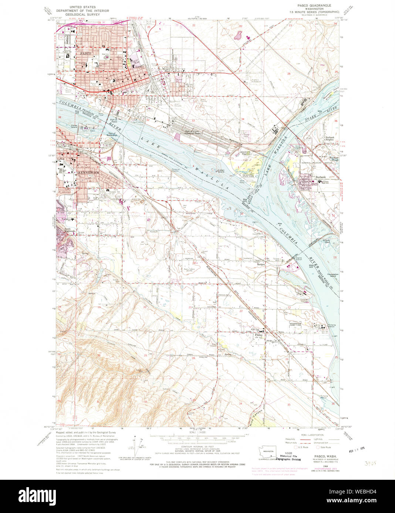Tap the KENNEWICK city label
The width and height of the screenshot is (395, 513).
point(88,172)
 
